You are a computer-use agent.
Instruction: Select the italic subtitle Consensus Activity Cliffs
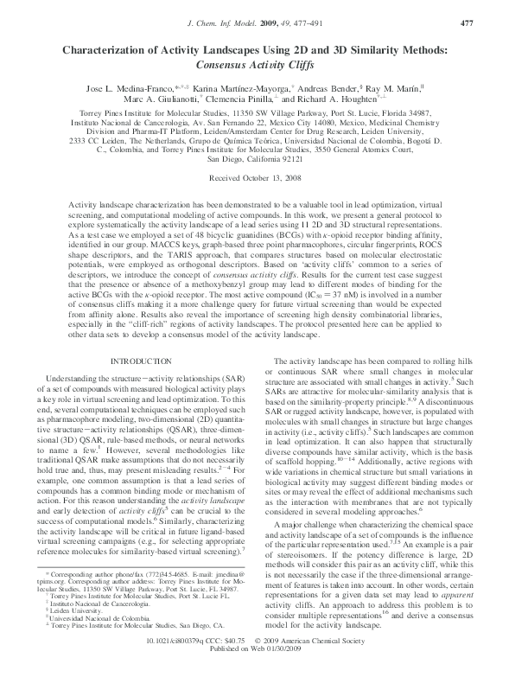pos(254,64)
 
